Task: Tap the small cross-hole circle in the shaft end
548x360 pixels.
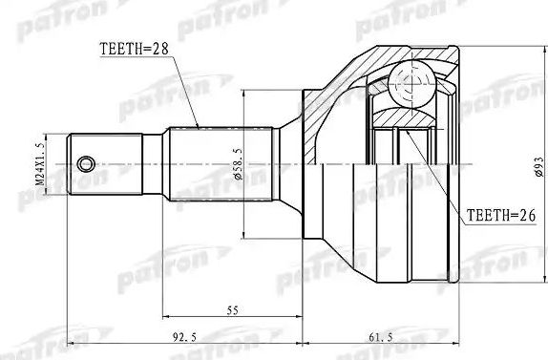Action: (x=86, y=162)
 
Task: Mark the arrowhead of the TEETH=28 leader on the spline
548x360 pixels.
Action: (x=197, y=126)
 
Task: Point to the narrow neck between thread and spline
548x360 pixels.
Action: (x=153, y=162)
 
